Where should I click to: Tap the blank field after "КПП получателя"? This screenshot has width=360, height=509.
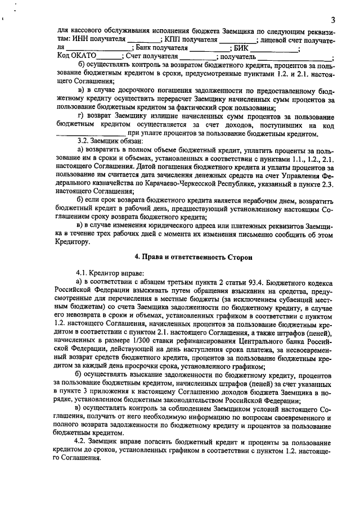coord(237,41)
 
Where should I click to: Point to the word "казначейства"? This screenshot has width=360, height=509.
coord(107,183)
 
